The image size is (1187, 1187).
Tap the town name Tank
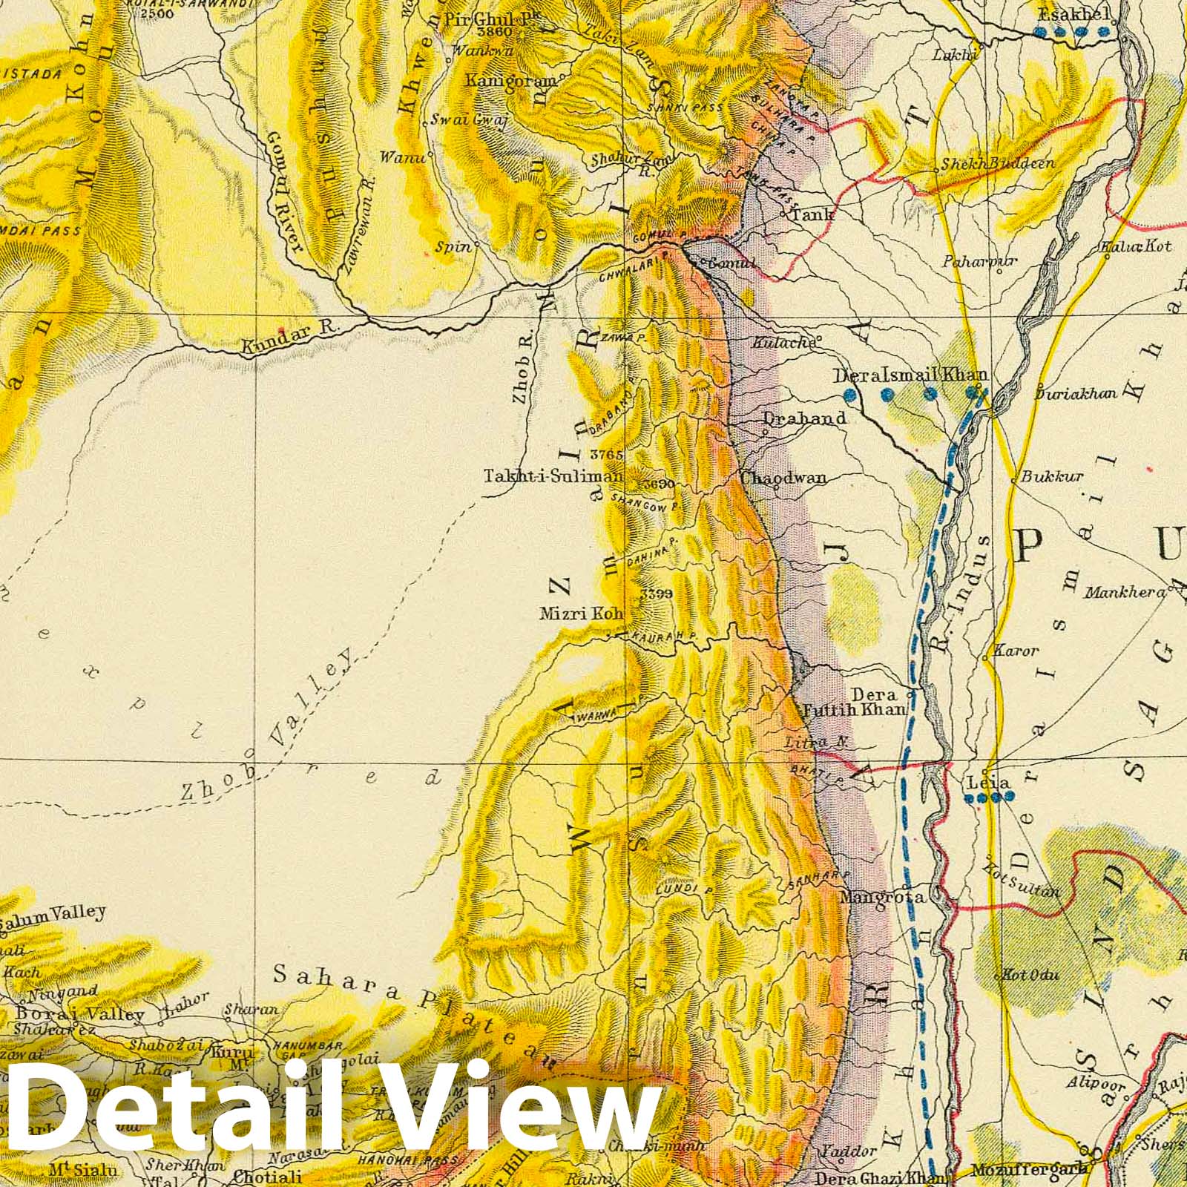pyautogui.click(x=812, y=214)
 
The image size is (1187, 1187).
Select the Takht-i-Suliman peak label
pyautogui.click(x=553, y=476)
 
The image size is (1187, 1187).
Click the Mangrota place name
pyautogui.click(x=882, y=897)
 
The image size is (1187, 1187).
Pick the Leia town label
pyautogui.click(x=988, y=783)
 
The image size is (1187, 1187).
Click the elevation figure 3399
pyautogui.click(x=657, y=593)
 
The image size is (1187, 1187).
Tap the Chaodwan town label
pyautogui.click(x=783, y=478)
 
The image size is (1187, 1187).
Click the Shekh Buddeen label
pyautogui.click(x=997, y=163)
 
